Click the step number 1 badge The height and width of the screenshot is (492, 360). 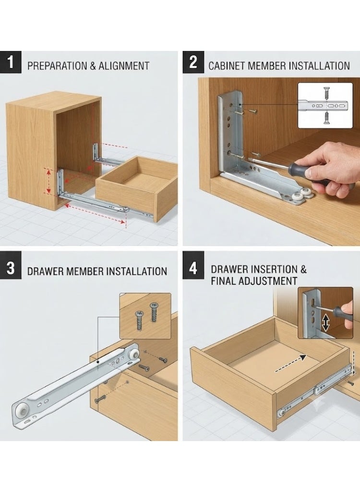[x=11, y=62]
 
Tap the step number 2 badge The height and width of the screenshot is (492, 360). [x=193, y=62]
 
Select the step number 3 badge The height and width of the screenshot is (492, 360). [x=11, y=268]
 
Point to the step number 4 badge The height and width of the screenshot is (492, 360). [x=193, y=268]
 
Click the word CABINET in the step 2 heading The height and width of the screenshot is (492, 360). [x=227, y=66]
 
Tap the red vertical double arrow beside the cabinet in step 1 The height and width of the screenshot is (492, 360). [x=48, y=181]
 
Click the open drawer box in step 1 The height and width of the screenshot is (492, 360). [x=137, y=188]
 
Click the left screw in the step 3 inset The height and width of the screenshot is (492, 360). [x=139, y=320]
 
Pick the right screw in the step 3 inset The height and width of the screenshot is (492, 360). [x=154, y=311]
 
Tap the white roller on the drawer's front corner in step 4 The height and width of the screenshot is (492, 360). [x=281, y=413]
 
